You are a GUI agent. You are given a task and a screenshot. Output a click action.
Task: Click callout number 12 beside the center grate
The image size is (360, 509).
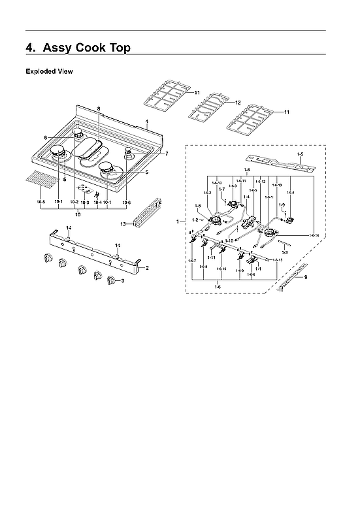click(x=238, y=103)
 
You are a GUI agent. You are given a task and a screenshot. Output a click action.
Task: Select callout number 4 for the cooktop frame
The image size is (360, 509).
click(x=147, y=122)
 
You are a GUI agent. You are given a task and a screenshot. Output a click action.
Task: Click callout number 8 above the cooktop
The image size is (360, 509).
click(x=99, y=107)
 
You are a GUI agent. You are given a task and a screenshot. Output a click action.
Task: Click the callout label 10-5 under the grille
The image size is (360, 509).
click(x=41, y=203)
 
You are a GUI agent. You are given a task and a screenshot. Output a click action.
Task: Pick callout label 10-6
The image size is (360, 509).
click(x=126, y=203)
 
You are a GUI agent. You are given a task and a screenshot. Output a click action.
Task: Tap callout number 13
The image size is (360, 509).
click(x=122, y=223)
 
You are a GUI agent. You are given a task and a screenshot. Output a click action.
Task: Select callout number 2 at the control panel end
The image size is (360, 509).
click(x=147, y=268)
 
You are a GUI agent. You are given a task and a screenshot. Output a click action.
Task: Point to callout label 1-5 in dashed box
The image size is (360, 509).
click(x=300, y=154)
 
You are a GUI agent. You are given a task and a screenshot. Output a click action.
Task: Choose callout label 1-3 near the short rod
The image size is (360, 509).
click(x=284, y=252)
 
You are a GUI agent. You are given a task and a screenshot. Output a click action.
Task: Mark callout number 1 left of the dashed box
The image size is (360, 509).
click(x=178, y=222)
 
